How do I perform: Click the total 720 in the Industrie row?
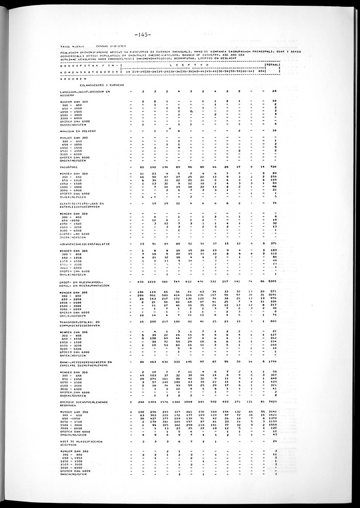(274, 166)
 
